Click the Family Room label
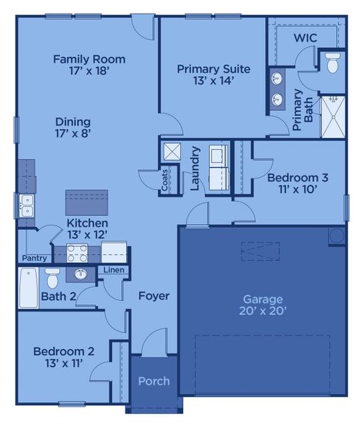point(89,59)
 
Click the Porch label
point(154,381)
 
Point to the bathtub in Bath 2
point(29,288)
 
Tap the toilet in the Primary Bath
point(333,63)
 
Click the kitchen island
point(87,202)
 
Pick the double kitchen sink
point(26,206)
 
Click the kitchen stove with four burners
point(77,252)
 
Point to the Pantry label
point(35,258)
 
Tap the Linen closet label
point(113,270)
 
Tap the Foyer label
point(154,296)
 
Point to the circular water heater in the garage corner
point(337,235)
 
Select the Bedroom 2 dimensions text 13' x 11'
point(58,363)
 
